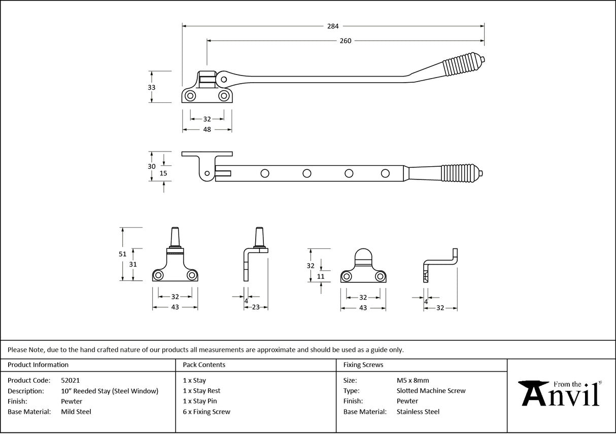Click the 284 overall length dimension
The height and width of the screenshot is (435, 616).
click(x=333, y=26)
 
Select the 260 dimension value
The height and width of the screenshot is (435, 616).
click(x=345, y=41)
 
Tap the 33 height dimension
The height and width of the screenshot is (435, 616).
click(x=151, y=87)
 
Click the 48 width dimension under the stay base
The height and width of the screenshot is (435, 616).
click(x=207, y=129)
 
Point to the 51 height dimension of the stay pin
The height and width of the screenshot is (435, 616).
click(x=122, y=255)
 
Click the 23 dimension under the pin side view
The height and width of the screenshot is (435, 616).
click(x=256, y=307)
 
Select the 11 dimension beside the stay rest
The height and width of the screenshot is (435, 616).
click(x=320, y=276)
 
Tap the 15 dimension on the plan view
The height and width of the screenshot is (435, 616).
click(x=163, y=173)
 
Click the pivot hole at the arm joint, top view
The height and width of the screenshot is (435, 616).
click(x=224, y=80)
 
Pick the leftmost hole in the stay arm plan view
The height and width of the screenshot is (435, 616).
click(x=264, y=173)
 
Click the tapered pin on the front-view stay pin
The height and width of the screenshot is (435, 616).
click(x=175, y=237)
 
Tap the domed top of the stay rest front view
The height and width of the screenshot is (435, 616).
click(x=362, y=256)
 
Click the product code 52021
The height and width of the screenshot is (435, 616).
click(x=70, y=380)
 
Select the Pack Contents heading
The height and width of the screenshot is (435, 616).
click(x=204, y=365)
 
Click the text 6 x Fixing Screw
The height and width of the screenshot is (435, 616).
click(x=207, y=412)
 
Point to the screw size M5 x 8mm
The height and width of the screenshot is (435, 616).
click(x=413, y=380)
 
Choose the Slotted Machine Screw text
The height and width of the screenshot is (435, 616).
click(x=431, y=391)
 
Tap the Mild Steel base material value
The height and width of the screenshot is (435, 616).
click(x=76, y=412)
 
